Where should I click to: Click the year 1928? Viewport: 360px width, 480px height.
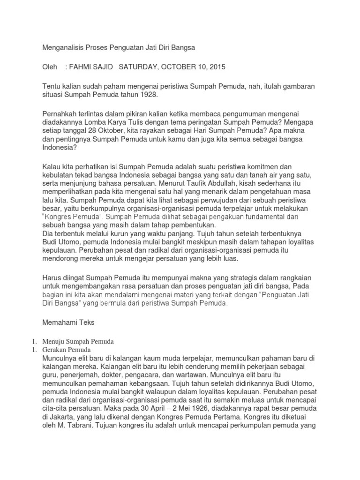[x=149, y=95]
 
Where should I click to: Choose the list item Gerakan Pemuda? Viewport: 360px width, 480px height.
[x=69, y=350]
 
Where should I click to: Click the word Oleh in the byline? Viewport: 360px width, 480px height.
[x=50, y=67]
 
